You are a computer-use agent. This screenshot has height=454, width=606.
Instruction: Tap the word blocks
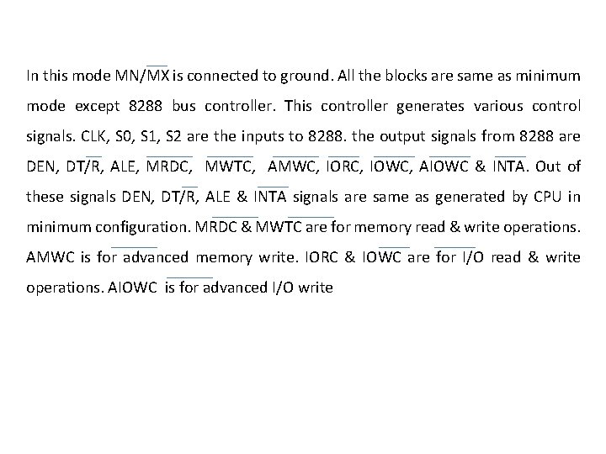pyautogui.click(x=410, y=77)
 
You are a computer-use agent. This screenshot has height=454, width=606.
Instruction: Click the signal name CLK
pyautogui.click(x=86, y=137)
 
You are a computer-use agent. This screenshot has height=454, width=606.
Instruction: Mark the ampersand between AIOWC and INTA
pyautogui.click(x=481, y=167)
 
